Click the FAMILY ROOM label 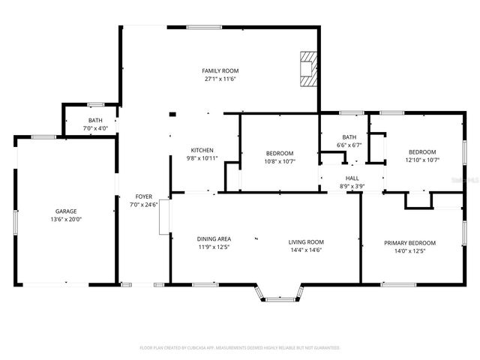click(220, 70)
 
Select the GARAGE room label click(65, 211)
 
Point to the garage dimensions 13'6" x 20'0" click(65, 219)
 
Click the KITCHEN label click(202, 150)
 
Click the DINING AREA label click(214, 238)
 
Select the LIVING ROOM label click(306, 241)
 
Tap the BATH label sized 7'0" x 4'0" click(95, 120)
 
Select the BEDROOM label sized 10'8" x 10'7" click(279, 153)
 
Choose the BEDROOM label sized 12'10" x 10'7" click(421, 151)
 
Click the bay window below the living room click(282, 295)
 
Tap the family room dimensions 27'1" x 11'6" click(220, 79)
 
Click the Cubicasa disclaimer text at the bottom click(240, 347)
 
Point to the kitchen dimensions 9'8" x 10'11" click(202, 158)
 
